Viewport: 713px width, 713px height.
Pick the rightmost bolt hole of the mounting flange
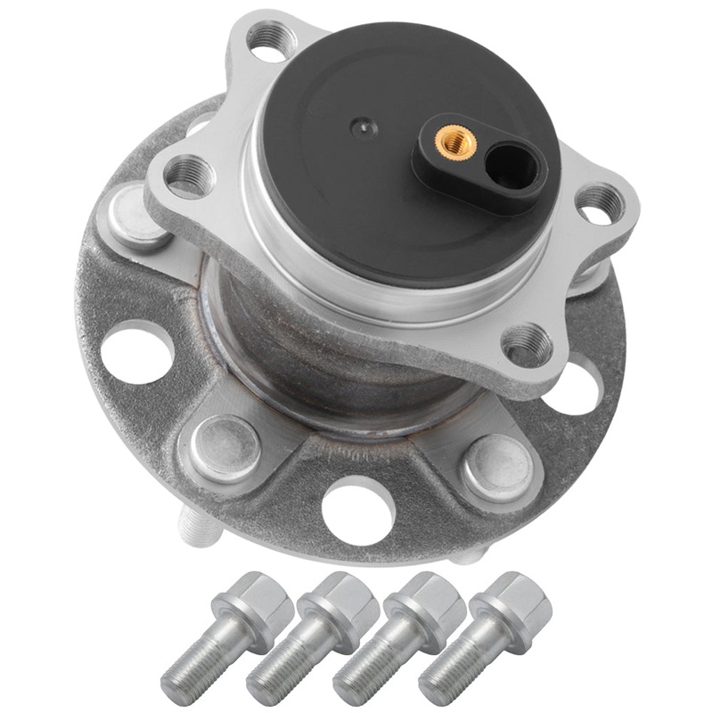600,204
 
